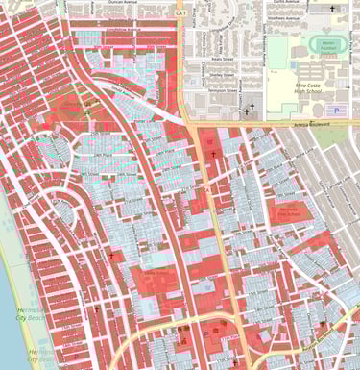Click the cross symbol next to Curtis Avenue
(x=334, y=10)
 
